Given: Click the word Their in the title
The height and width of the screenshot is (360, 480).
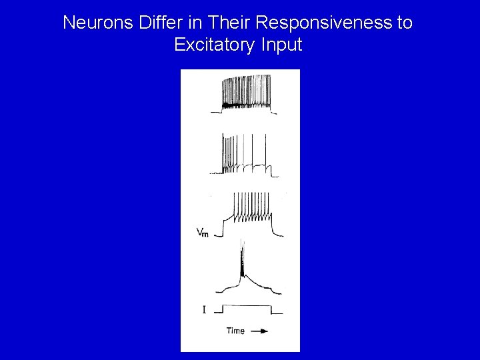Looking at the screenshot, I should pyautogui.click(x=225, y=23).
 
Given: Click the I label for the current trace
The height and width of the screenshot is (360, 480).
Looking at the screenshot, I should pyautogui.click(x=204, y=309).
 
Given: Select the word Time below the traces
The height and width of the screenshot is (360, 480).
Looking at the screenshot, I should pyautogui.click(x=235, y=331).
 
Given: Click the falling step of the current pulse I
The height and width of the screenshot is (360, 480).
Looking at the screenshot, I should pyautogui.click(x=272, y=309).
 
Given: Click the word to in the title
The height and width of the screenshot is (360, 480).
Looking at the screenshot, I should pyautogui.click(x=404, y=23).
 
